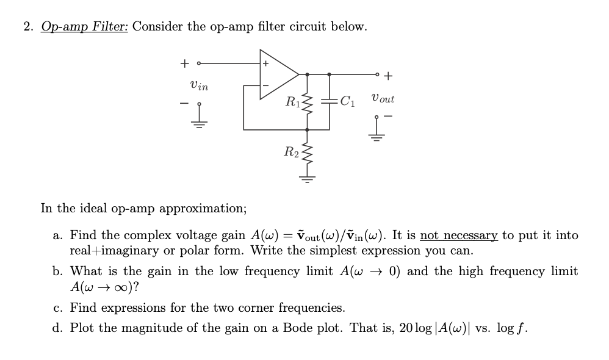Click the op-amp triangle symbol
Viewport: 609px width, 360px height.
278,74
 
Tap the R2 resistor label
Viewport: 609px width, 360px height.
292,151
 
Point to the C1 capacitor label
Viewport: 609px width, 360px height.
348,100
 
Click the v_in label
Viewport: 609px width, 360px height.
199,87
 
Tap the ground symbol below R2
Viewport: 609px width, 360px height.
307,179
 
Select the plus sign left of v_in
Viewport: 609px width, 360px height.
184,62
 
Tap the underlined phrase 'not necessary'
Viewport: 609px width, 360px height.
459,235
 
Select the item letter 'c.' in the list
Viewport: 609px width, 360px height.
58,308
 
